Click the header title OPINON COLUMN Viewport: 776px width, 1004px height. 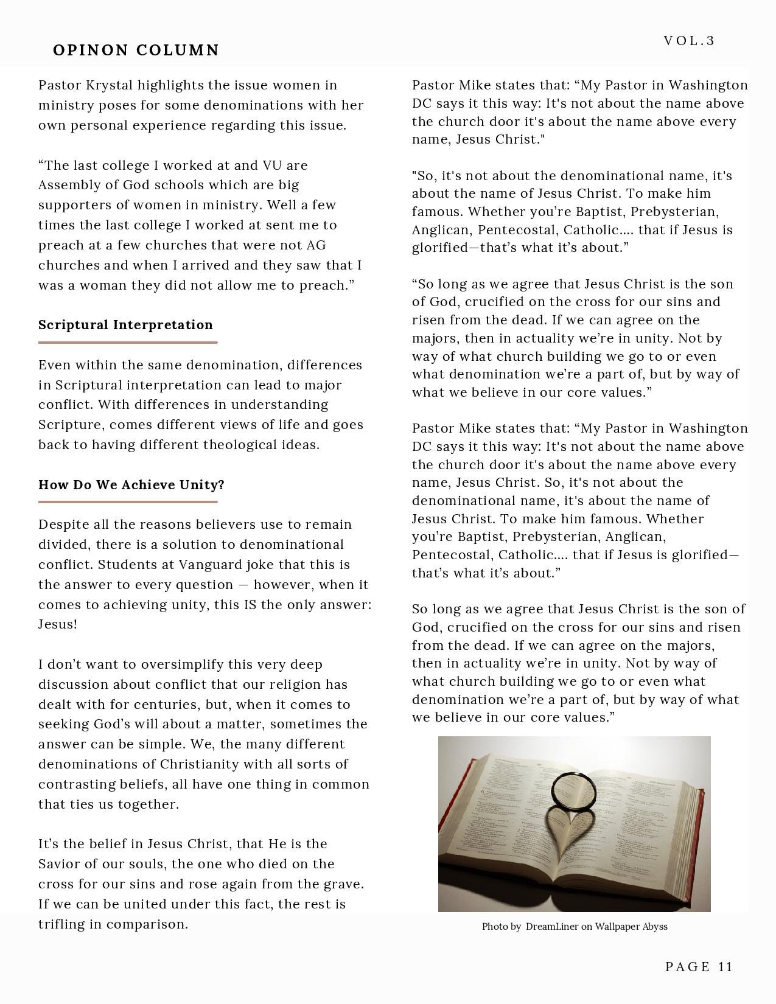click(x=136, y=50)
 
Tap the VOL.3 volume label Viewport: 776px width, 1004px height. click(x=689, y=41)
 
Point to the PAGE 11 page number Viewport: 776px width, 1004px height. click(x=699, y=967)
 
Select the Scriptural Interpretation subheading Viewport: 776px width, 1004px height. click(x=125, y=325)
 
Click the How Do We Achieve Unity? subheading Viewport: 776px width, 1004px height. click(x=131, y=485)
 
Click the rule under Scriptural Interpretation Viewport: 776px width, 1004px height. click(x=128, y=343)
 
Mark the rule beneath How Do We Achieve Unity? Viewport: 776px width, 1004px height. click(x=128, y=502)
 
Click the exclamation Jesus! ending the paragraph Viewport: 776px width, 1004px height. click(x=58, y=624)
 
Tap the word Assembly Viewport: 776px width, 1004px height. click(x=67, y=185)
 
